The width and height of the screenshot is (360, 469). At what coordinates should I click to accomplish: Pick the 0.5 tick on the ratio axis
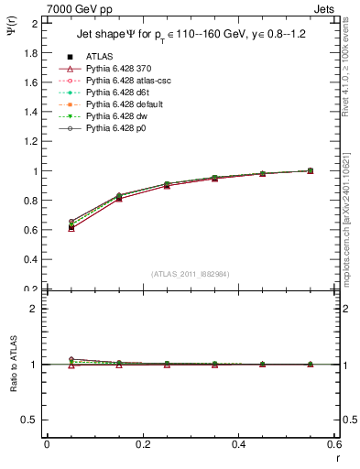tap(29, 420)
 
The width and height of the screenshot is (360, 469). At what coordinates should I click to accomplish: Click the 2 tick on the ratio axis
tap(34, 309)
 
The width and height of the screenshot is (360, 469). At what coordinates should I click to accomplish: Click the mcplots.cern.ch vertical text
tap(348, 220)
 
